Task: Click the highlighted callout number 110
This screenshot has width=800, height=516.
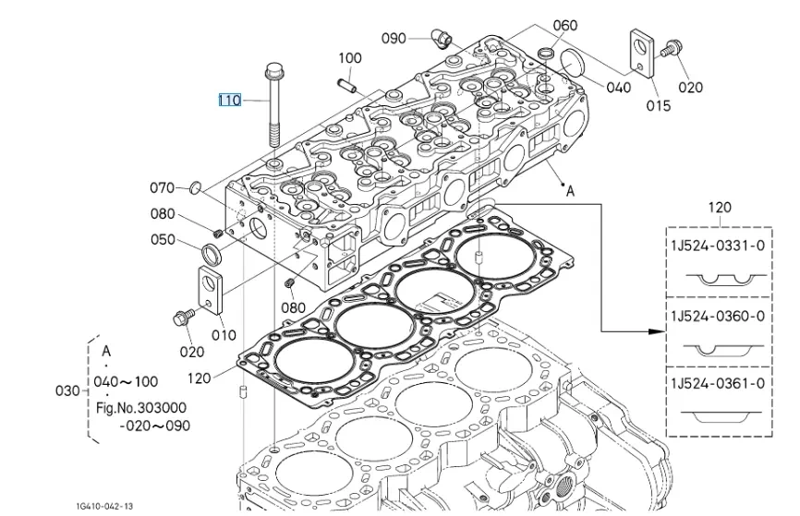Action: click(230, 100)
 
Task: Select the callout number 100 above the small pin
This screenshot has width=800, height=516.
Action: click(350, 58)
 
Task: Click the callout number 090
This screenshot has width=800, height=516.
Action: click(394, 38)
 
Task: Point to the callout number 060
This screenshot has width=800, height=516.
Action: click(565, 25)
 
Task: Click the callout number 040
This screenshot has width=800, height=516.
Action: click(619, 88)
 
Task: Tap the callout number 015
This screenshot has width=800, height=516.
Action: click(658, 105)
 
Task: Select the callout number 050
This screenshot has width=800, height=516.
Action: click(163, 240)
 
